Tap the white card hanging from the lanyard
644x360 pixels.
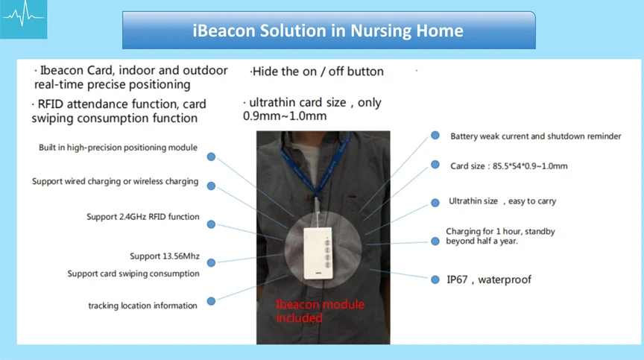(318, 253)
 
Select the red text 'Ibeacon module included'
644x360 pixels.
(320, 311)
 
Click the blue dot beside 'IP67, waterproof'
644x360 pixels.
(435, 280)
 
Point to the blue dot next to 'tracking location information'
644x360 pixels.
(211, 301)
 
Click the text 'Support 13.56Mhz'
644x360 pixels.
(165, 256)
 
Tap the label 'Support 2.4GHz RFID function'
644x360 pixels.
(142, 217)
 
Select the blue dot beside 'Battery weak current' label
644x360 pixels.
(435, 136)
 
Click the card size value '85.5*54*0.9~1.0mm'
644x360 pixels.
(530, 166)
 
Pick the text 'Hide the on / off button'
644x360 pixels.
(317, 72)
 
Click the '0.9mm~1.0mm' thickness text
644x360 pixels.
(285, 116)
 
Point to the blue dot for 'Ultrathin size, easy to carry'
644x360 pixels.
(435, 203)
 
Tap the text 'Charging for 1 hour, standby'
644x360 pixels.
(500, 232)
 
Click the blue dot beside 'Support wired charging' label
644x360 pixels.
(211, 186)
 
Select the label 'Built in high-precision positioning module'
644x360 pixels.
(118, 148)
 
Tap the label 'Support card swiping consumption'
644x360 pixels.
(133, 274)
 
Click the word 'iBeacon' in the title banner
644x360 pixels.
(224, 31)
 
